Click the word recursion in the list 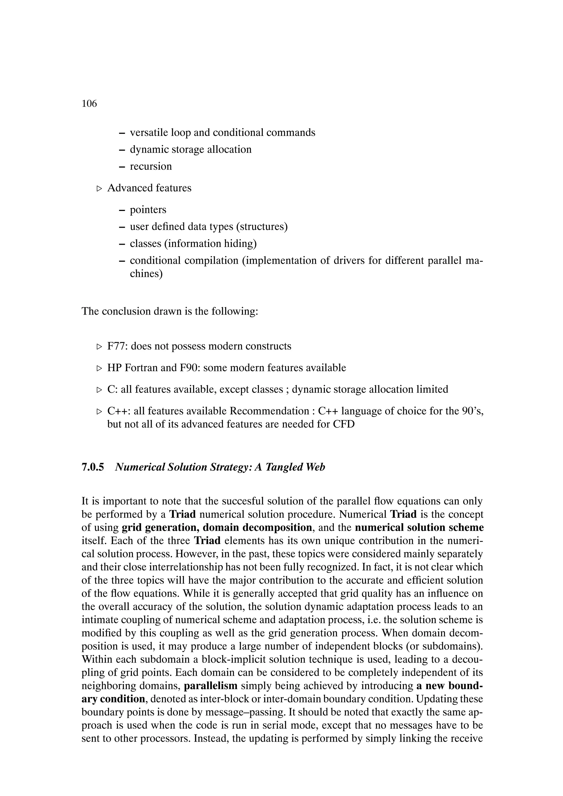tap(151, 166)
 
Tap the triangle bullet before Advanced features tap(99, 189)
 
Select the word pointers tap(148, 210)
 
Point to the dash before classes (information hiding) tap(122, 244)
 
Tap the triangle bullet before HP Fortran tap(99, 368)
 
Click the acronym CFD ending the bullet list tap(343, 424)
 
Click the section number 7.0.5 tap(93, 467)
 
